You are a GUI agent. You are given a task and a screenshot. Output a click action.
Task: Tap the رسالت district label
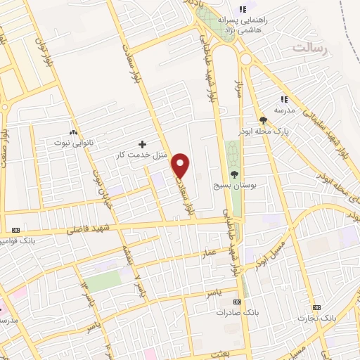tap(311, 48)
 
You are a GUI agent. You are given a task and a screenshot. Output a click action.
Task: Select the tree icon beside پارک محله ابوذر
tap(263, 120)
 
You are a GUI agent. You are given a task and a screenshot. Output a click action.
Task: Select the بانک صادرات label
tap(235, 311)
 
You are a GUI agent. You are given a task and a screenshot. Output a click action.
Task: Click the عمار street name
tap(209, 251)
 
